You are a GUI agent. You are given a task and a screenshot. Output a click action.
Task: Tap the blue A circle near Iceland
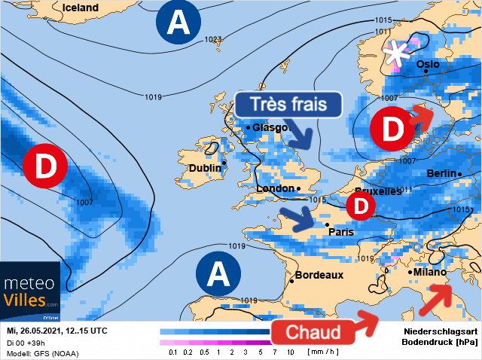tap(178, 23)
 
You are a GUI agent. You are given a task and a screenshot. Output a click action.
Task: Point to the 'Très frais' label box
tap(289, 105)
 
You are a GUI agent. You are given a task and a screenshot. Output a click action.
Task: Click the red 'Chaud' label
tap(313, 331)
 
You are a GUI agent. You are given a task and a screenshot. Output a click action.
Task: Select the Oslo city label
tap(428, 64)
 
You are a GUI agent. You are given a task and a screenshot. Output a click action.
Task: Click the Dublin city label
tap(204, 168)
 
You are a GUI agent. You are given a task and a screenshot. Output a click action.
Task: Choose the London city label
tap(275, 188)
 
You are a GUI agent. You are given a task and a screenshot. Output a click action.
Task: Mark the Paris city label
tap(341, 232)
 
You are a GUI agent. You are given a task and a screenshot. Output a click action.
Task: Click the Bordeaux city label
tap(319, 276)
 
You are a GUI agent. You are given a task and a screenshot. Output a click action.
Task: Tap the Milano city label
tap(431, 272)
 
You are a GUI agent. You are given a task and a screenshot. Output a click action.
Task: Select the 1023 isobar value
tap(212, 39)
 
